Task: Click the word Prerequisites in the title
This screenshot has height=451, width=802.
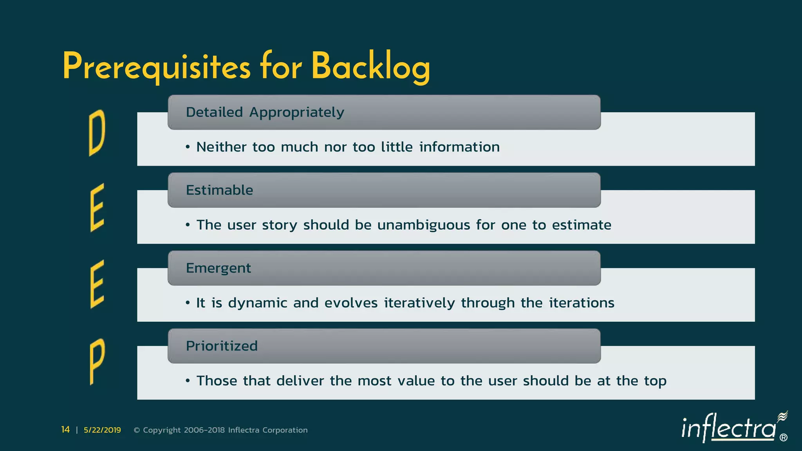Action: click(x=156, y=67)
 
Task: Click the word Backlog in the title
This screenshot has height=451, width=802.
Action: click(x=370, y=67)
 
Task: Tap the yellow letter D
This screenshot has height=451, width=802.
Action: click(x=97, y=132)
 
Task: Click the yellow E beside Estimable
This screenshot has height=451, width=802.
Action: click(x=97, y=207)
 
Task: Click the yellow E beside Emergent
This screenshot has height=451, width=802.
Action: click(x=97, y=284)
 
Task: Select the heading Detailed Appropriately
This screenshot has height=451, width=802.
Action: click(x=265, y=112)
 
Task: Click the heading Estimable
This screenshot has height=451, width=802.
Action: click(x=219, y=190)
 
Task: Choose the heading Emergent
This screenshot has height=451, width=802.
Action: click(x=218, y=268)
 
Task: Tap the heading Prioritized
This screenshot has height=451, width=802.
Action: click(x=222, y=346)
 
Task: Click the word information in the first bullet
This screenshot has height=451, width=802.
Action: click(x=459, y=147)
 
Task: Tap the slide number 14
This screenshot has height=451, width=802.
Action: click(x=65, y=430)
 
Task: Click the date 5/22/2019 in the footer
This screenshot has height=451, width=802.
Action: click(x=102, y=430)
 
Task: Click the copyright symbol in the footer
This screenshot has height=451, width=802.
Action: click(x=137, y=430)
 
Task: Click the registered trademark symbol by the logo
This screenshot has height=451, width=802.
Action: click(x=784, y=438)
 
